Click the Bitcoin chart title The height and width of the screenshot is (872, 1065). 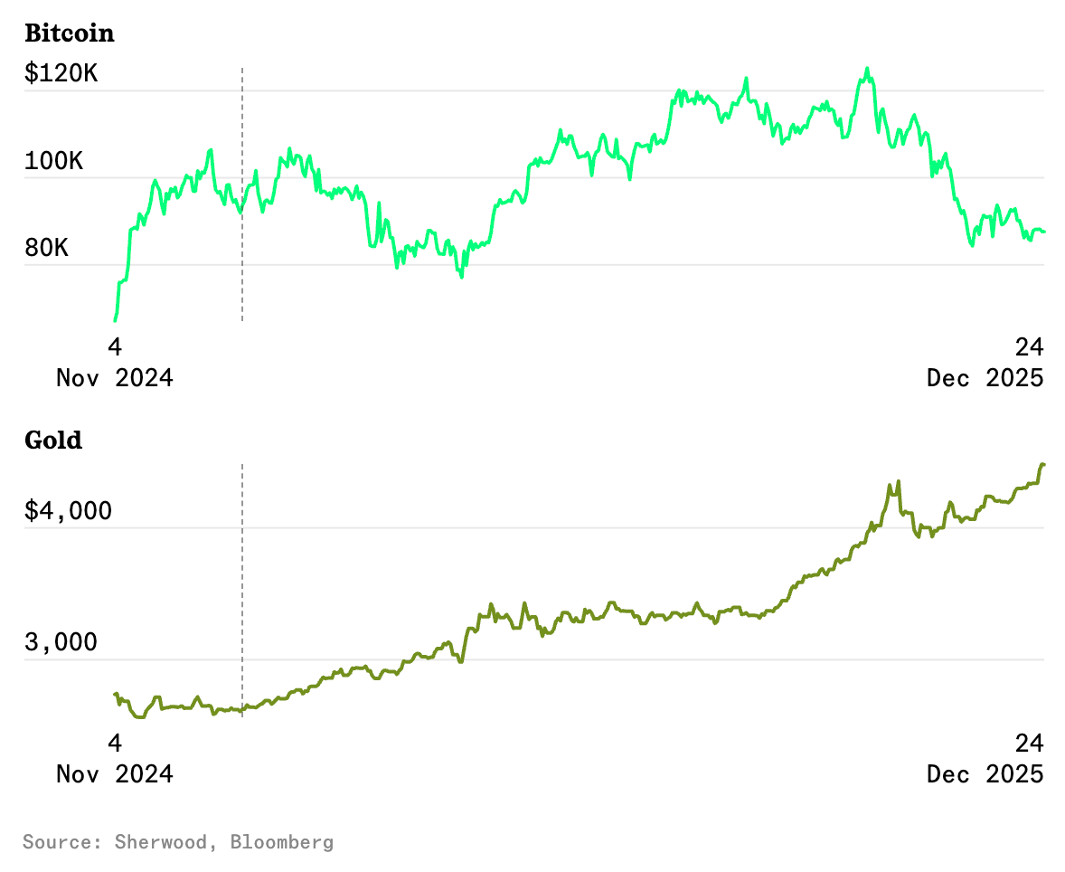[x=70, y=33]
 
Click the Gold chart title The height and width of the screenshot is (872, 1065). [x=53, y=441]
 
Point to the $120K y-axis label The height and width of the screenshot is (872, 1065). [x=61, y=73]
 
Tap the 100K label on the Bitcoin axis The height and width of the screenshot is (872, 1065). [x=53, y=162]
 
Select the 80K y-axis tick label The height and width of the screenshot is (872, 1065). [x=46, y=247]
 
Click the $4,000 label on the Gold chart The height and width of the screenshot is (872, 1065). [x=69, y=511]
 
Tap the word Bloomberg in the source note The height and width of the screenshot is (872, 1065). [x=281, y=842]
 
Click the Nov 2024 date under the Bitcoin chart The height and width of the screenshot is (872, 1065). [x=115, y=377]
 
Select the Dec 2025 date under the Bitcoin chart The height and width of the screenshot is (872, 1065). [x=985, y=377]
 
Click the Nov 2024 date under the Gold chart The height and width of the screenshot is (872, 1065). [x=115, y=774]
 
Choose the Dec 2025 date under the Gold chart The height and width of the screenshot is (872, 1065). [x=985, y=774]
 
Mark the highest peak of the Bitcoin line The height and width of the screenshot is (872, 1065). [x=867, y=69]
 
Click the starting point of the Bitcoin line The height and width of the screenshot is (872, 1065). [x=115, y=320]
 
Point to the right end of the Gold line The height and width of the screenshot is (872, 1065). [x=1043, y=465]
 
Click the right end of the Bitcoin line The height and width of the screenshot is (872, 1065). [x=1044, y=232]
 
